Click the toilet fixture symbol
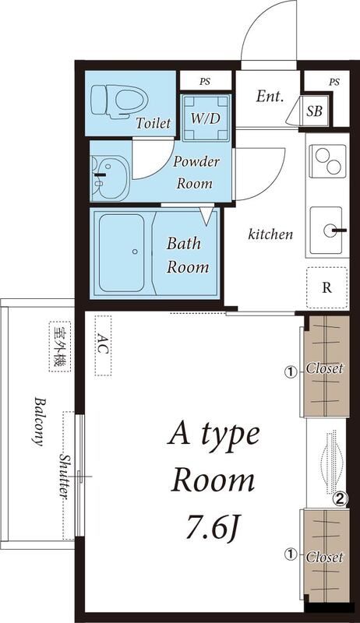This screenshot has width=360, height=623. [119, 102]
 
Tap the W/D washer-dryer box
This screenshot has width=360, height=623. [206, 118]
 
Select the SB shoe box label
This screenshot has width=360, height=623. [314, 111]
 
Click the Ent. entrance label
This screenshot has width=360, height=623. [270, 96]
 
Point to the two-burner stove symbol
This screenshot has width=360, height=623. [327, 161]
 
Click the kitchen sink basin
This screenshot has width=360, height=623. [326, 230]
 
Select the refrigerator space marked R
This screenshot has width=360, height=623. [326, 287]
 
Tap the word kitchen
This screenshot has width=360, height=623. [270, 234]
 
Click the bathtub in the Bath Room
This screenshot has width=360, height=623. [122, 252]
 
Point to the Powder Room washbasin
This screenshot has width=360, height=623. [108, 178]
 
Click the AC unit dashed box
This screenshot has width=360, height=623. [104, 345]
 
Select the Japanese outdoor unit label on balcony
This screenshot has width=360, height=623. [60, 347]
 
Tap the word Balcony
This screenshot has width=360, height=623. [38, 421]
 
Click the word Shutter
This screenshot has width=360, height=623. [65, 475]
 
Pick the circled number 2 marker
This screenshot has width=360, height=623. [341, 498]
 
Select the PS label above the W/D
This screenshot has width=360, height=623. [205, 83]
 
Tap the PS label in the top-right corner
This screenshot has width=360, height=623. [334, 83]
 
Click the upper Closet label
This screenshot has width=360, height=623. [325, 368]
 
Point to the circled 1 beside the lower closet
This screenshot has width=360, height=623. [291, 554]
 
